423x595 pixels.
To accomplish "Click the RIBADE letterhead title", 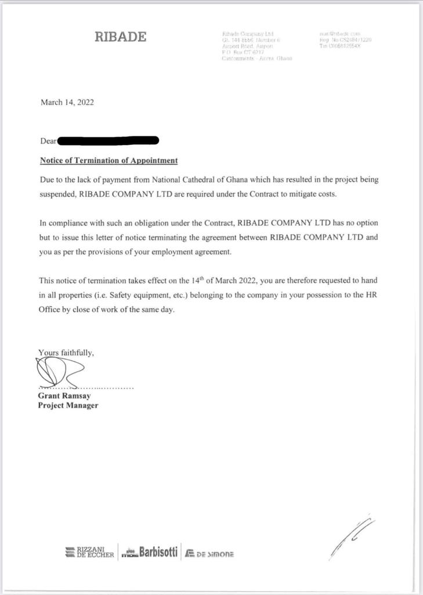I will pyautogui.click(x=121, y=37).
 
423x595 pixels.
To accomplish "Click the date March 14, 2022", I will pyautogui.click(x=67, y=102).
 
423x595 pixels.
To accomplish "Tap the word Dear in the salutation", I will pyautogui.click(x=48, y=141).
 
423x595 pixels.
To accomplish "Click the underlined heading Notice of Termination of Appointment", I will pyautogui.click(x=109, y=160).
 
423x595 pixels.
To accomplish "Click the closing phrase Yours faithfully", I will pyautogui.click(x=66, y=352).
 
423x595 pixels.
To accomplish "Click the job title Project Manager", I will pyautogui.click(x=68, y=405).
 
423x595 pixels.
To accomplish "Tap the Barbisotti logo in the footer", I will pyautogui.click(x=149, y=552).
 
